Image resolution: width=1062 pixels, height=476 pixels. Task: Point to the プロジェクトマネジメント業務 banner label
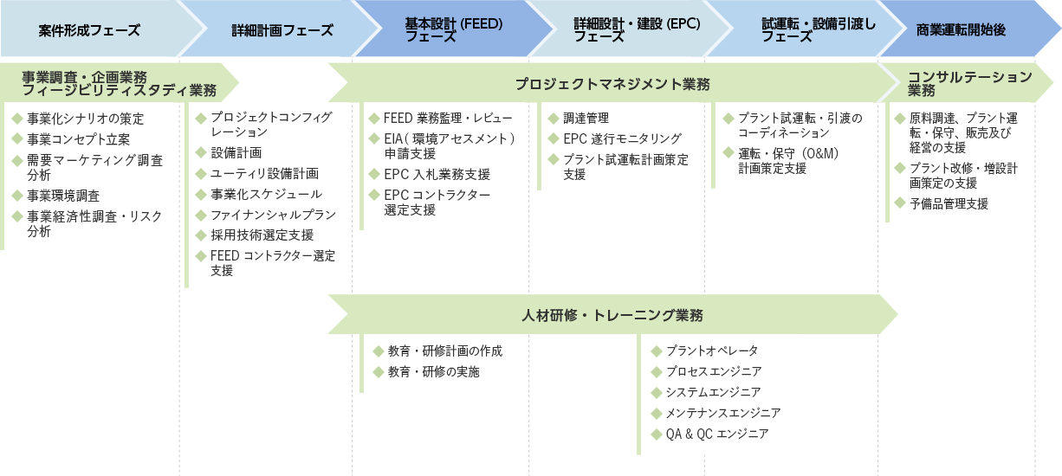[x=612, y=84]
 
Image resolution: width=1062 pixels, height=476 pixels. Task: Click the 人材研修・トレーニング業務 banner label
[x=612, y=314]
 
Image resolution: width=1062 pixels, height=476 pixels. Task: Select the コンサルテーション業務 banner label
[x=970, y=83]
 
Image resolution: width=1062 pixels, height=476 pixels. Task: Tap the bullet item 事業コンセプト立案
[x=79, y=139]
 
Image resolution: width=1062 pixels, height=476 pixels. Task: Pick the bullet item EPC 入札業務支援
[x=437, y=175]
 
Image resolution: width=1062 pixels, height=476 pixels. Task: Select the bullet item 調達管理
[x=586, y=118]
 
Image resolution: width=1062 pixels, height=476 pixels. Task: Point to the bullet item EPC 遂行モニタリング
[x=622, y=138]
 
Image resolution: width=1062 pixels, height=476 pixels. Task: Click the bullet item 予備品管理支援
[x=949, y=204]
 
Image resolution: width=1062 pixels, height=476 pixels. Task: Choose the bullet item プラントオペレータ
[x=711, y=351]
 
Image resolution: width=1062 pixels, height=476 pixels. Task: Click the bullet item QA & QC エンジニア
[x=716, y=434]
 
